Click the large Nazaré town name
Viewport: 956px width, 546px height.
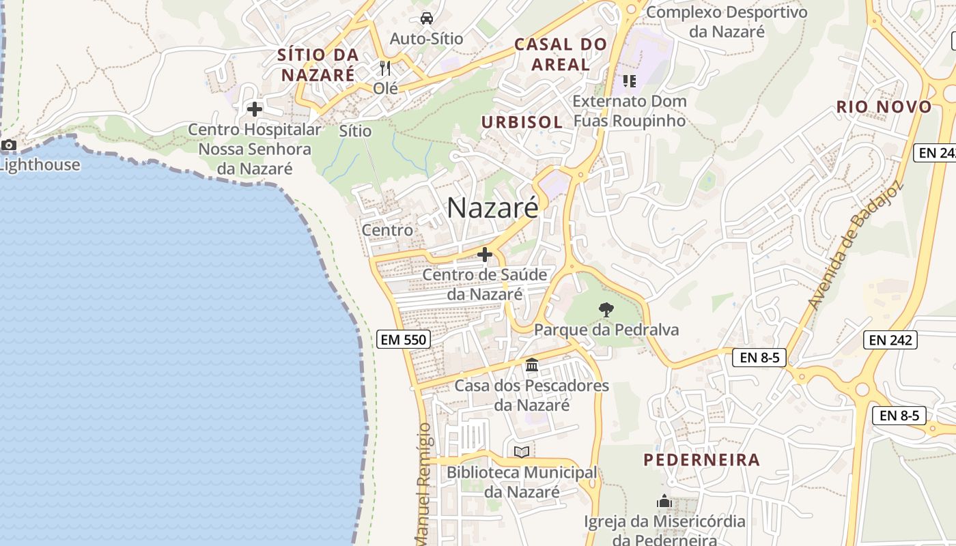(492, 208)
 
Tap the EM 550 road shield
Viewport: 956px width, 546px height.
(403, 339)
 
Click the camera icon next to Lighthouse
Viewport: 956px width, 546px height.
(9, 145)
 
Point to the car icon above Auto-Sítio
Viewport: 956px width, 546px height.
(426, 18)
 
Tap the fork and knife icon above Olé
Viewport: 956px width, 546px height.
(385, 68)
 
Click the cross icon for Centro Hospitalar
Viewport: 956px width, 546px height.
(255, 109)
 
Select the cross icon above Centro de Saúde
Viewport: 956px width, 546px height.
(485, 255)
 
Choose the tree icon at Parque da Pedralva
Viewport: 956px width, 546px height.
(606, 310)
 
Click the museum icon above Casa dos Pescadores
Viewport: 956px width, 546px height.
(532, 365)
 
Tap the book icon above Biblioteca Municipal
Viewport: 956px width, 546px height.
(522, 452)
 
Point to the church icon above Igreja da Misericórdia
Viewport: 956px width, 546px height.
(664, 502)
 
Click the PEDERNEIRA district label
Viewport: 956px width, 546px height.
(701, 459)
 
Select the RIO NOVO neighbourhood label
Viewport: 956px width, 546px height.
(884, 106)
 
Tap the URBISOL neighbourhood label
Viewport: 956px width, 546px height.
(522, 122)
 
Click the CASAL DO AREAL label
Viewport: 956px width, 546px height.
(561, 55)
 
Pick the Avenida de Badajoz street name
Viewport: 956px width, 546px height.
(854, 245)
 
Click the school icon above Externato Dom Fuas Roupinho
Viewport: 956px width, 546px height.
(629, 82)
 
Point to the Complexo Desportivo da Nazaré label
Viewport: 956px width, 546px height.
(727, 21)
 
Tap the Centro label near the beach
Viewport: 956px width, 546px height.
(387, 230)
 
